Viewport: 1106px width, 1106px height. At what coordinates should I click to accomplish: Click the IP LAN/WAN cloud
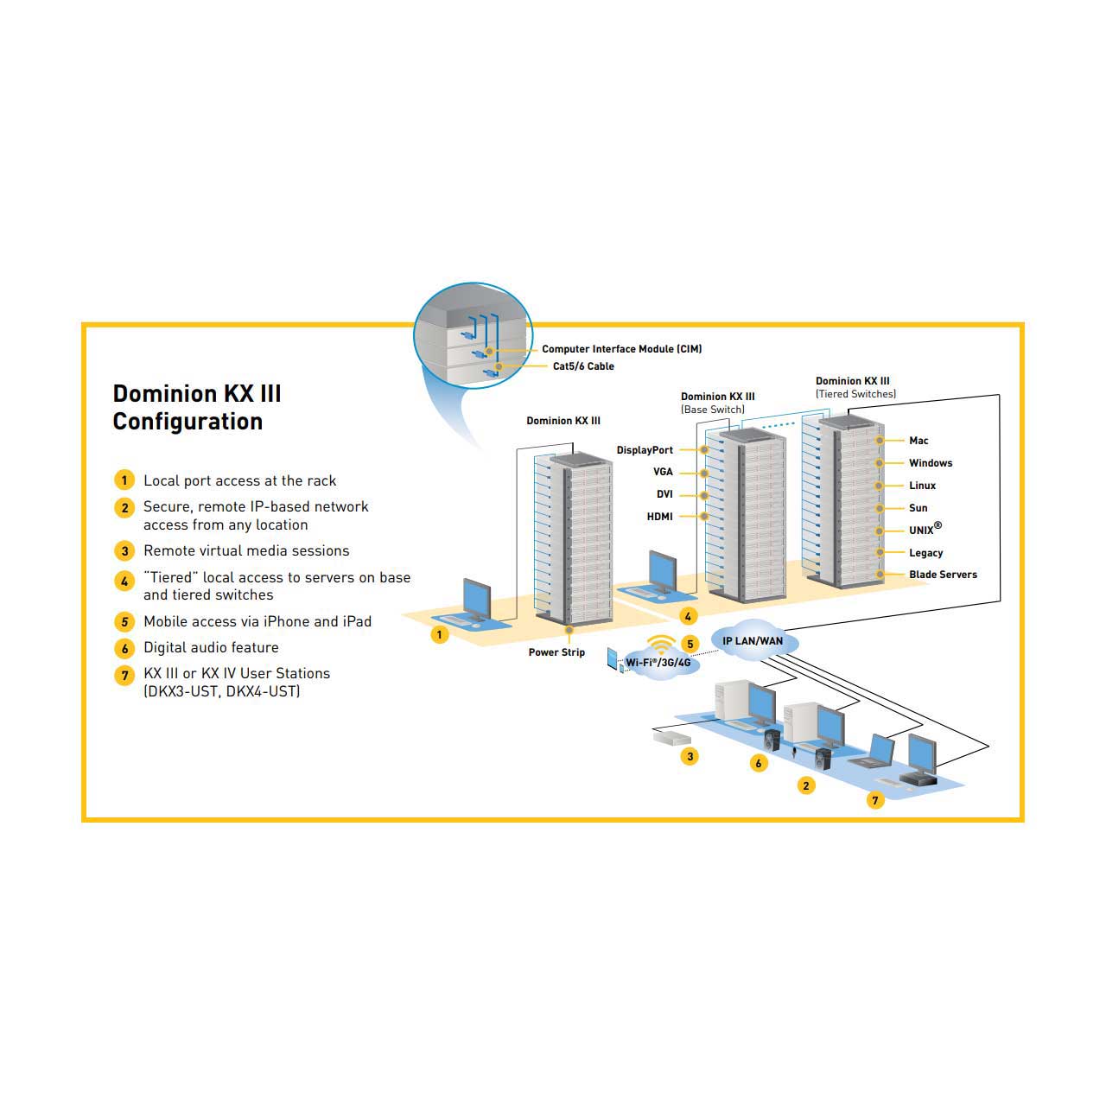point(753,639)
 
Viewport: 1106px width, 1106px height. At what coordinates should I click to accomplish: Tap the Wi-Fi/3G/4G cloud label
point(658,663)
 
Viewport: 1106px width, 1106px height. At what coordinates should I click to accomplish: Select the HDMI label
point(659,517)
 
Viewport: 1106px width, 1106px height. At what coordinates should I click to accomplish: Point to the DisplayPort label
point(645,450)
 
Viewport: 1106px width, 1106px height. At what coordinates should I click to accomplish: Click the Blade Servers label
point(943,575)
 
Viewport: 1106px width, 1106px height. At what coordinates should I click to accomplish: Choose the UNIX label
point(925,529)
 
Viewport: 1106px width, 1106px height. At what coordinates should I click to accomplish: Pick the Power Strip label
point(556,652)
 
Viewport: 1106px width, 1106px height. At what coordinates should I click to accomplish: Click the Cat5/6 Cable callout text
point(583,366)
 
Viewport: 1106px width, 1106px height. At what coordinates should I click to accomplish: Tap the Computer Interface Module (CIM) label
point(621,349)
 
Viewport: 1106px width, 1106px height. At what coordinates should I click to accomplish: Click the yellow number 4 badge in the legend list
point(124,581)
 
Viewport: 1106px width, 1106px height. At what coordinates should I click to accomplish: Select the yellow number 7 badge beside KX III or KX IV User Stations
point(124,676)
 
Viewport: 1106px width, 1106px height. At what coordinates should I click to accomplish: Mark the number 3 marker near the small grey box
point(690,756)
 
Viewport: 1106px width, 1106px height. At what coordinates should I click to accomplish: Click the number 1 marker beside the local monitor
point(440,634)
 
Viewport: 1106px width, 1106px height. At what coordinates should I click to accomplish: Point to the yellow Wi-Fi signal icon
point(661,644)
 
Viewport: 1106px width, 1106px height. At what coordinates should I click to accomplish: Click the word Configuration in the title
point(188,422)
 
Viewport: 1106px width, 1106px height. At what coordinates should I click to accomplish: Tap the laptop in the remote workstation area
point(872,751)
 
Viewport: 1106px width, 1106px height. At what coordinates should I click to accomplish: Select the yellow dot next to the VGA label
point(704,474)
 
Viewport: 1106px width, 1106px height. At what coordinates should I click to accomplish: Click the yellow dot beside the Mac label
point(880,441)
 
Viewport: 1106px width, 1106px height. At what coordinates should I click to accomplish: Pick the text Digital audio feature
point(211,647)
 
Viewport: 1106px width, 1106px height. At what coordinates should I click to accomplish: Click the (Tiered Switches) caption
point(855,394)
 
